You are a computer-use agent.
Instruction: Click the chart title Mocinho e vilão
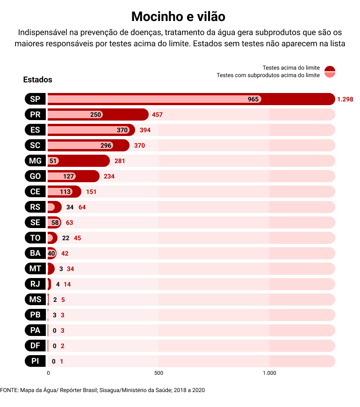click(178, 17)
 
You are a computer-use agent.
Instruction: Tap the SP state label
click(35, 99)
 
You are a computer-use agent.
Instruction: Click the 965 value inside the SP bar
click(253, 99)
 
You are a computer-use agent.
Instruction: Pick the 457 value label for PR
click(157, 114)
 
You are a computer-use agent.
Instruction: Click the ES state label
click(35, 130)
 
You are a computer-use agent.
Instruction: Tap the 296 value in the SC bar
click(106, 145)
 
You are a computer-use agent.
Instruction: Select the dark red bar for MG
click(84, 161)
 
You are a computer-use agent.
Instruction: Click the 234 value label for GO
click(109, 176)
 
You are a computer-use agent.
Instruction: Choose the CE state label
click(35, 192)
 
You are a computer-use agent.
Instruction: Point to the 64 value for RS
click(82, 207)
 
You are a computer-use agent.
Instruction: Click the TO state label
click(35, 238)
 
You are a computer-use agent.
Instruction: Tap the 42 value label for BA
click(65, 253)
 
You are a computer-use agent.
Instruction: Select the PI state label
click(35, 361)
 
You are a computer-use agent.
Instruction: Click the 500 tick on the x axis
click(158, 373)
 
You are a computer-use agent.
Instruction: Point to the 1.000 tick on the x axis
click(269, 373)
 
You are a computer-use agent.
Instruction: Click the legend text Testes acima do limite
click(291, 68)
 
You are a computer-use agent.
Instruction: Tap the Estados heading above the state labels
click(37, 80)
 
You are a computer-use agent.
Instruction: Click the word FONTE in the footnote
click(8, 390)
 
